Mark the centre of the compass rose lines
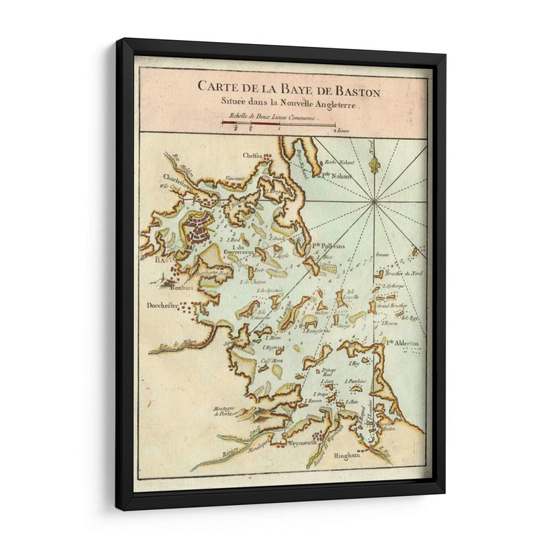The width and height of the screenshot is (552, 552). (x=374, y=201)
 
